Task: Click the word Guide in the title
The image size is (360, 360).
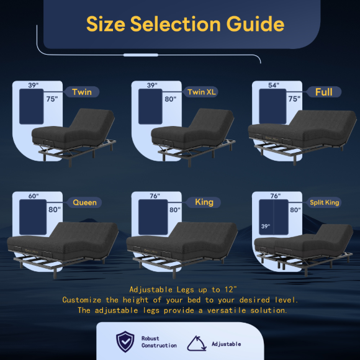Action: tap(255, 24)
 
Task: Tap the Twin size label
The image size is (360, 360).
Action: tap(82, 92)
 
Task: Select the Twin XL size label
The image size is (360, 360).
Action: tap(202, 92)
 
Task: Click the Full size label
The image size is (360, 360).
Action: tap(324, 92)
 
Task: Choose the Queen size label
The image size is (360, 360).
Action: tap(84, 202)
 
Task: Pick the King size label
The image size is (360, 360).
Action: tap(204, 202)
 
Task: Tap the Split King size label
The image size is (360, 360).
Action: tap(325, 202)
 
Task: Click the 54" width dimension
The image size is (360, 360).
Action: tap(274, 85)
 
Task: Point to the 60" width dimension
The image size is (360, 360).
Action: tap(34, 196)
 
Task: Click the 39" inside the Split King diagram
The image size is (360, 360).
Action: tap(266, 227)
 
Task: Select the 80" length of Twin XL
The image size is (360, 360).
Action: tap(170, 99)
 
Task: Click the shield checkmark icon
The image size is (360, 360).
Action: tap(125, 341)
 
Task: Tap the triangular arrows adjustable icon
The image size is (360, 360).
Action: tap(197, 344)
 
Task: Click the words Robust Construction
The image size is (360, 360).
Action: tap(159, 342)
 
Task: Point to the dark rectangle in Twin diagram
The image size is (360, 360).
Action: tap(32, 107)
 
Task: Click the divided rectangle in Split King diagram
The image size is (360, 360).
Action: tap(274, 217)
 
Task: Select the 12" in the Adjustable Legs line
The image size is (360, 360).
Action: tap(230, 289)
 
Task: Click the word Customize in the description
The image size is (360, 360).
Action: tap(81, 300)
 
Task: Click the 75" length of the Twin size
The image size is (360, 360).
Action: tap(52, 99)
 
